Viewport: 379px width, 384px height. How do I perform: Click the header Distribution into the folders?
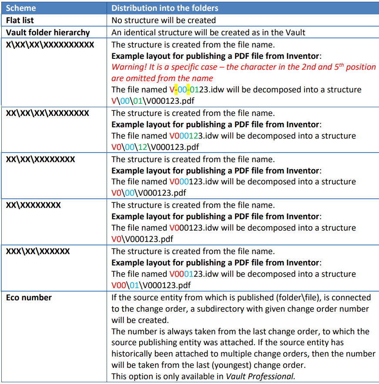(x=165, y=8)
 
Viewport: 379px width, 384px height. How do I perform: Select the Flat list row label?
(x=20, y=20)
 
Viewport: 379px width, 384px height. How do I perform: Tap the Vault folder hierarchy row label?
(x=48, y=32)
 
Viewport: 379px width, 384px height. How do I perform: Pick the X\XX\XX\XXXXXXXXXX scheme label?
(x=50, y=44)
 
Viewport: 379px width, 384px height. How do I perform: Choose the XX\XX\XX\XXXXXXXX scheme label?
(x=47, y=113)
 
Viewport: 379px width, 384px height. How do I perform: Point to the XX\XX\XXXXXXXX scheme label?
(x=40, y=159)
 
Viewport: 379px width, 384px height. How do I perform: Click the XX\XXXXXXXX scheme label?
(x=34, y=205)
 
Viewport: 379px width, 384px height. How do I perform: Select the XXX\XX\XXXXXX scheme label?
(x=38, y=251)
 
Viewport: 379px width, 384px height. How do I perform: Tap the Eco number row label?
(x=29, y=298)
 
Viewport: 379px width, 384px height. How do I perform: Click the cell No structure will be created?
(x=164, y=20)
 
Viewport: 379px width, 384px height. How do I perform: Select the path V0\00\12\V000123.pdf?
(x=155, y=147)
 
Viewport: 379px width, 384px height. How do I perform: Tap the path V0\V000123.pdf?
(x=142, y=239)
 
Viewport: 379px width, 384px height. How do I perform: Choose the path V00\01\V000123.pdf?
(x=151, y=285)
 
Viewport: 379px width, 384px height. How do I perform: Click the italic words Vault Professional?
(x=260, y=376)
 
